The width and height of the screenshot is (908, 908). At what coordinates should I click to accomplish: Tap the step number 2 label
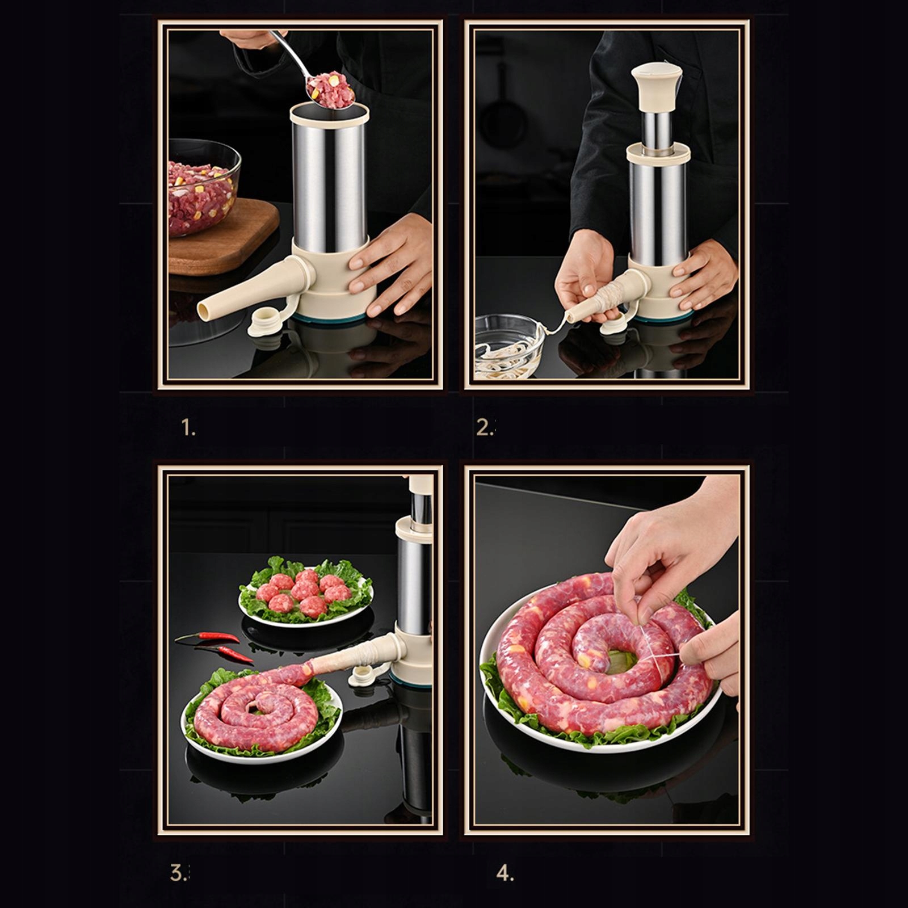(485, 428)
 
